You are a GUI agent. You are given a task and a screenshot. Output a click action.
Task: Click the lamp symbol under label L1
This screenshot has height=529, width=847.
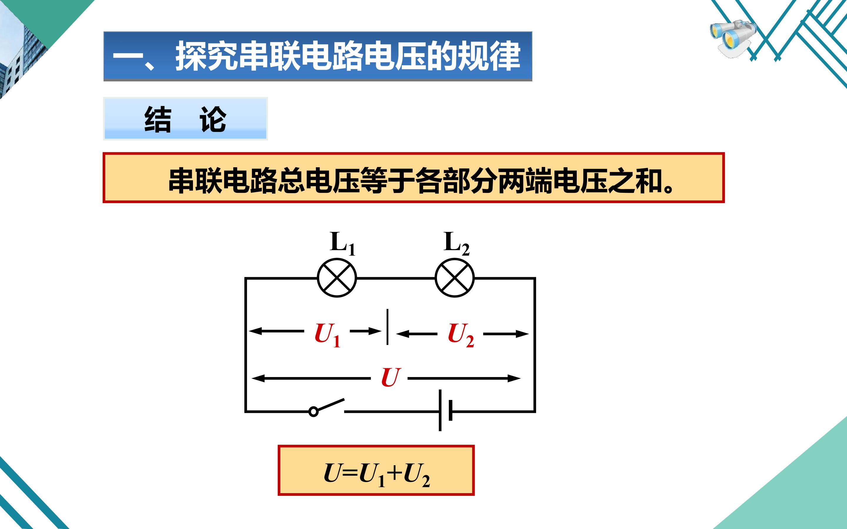click(x=337, y=278)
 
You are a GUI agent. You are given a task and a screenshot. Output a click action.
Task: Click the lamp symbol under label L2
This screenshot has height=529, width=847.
click(x=454, y=278)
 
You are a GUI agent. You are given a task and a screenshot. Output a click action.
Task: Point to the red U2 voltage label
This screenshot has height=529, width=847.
click(x=461, y=335)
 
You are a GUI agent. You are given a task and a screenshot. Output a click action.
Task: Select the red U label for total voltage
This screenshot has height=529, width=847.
click(x=390, y=378)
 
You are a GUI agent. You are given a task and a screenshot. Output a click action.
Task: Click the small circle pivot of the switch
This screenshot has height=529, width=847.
click(x=313, y=411)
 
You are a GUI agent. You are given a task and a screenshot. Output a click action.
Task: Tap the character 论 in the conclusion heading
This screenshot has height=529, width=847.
click(x=213, y=120)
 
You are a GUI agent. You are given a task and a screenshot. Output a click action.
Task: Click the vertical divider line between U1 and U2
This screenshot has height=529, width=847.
click(x=387, y=327)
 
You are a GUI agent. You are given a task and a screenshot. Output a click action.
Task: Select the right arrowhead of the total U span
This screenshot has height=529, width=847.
click(x=514, y=378)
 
